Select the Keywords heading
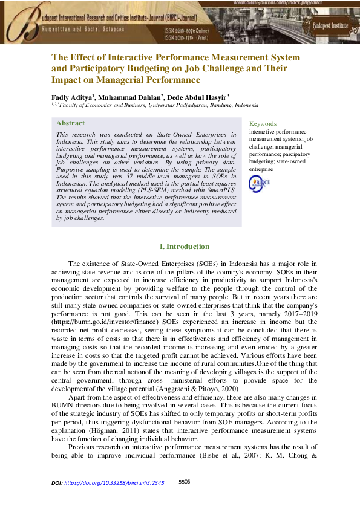coord(263,123)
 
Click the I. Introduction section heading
coord(184,247)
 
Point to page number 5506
coord(185,482)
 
